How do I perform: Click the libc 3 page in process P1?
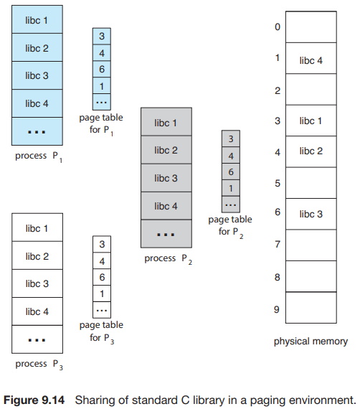37,75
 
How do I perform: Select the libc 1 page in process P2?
166,122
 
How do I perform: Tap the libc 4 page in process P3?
37,311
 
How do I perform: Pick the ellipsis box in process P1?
37,131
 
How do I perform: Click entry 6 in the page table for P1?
102,69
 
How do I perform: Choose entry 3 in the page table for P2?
231,138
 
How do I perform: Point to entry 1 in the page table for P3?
102,293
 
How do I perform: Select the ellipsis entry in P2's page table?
231,204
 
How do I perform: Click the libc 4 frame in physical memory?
311,58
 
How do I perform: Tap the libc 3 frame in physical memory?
311,214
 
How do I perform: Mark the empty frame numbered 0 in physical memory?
311,27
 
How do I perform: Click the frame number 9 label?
277,309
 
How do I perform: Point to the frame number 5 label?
278,183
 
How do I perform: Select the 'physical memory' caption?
311,341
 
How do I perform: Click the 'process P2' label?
168,259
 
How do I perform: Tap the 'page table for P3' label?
101,332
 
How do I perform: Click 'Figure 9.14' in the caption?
34,400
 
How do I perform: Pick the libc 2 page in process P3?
37,255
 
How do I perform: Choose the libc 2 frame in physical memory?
311,151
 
